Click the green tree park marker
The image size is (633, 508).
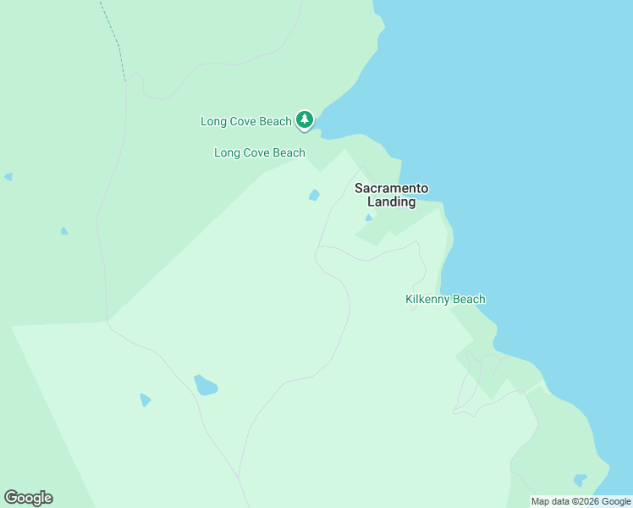coord(305,120)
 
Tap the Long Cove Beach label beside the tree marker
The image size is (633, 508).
coord(245,122)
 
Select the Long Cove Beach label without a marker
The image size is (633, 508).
coord(259,153)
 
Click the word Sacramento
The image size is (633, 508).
coord(391,188)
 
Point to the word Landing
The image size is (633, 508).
coord(391,202)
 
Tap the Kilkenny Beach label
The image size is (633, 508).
coord(445,300)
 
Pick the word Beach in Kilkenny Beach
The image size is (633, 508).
coord(470,300)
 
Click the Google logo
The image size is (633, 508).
coord(28,498)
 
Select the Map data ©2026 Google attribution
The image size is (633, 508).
coord(581,502)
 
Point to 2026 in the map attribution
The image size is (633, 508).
coord(586,502)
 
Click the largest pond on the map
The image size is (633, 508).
coord(205,386)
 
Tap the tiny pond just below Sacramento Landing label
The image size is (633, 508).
coord(368,218)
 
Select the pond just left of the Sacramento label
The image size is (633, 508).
coord(314,196)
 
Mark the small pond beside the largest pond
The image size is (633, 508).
coord(145,400)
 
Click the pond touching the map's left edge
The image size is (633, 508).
coord(8,177)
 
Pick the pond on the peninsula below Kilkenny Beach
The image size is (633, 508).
coord(580,480)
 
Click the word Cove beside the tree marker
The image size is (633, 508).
coord(245,122)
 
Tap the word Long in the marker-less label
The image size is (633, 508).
coord(227,153)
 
